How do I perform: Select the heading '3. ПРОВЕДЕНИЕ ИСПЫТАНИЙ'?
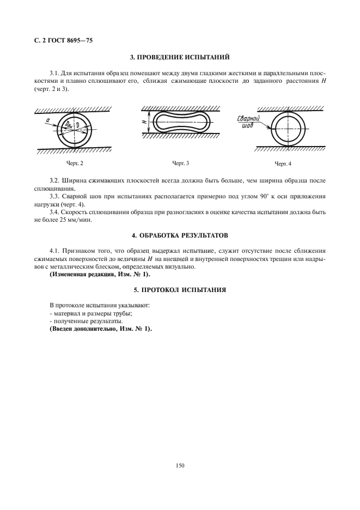180,57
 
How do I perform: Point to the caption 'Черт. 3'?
180,163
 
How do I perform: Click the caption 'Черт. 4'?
283,163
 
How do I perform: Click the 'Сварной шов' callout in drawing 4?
248,122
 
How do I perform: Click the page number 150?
180,465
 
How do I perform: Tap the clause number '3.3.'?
54,196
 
